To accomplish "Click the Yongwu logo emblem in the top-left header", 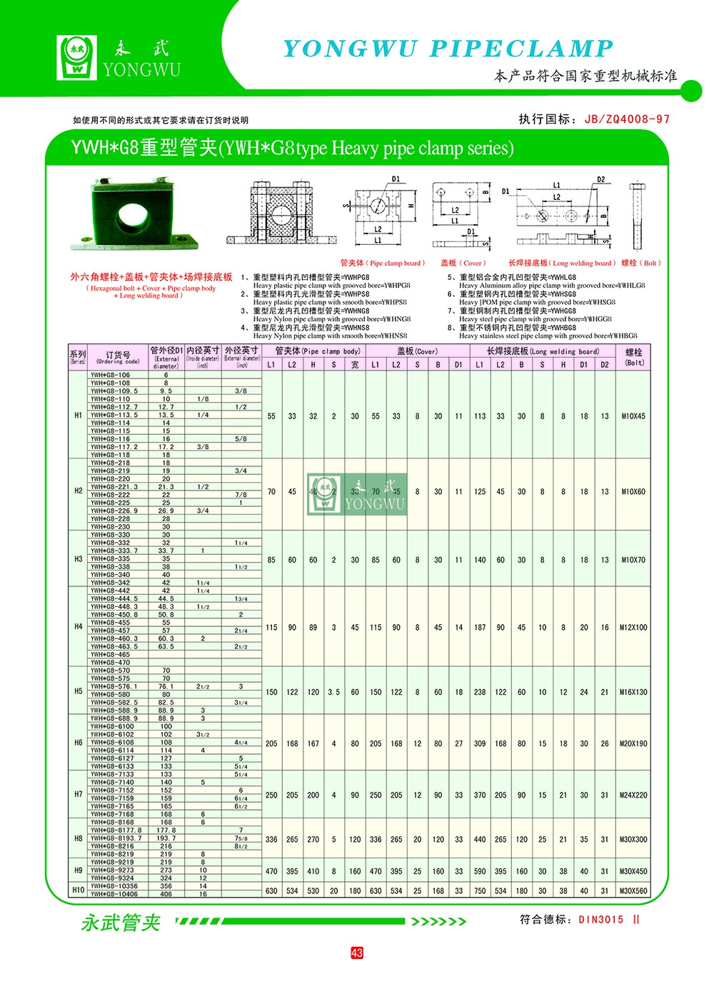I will [x=77, y=57].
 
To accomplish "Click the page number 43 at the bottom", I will [x=357, y=953].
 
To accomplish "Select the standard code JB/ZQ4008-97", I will [x=627, y=119].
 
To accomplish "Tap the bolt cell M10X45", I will [x=633, y=416].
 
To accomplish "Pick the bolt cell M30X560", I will [x=633, y=890].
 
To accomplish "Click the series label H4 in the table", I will [x=79, y=627].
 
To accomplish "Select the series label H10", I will [x=79, y=890].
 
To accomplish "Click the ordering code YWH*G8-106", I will [x=111, y=375].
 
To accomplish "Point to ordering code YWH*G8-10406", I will [x=114, y=894].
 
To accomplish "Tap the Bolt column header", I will [x=633, y=357].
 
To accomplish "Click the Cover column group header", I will [x=417, y=351].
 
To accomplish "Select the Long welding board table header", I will [x=543, y=351].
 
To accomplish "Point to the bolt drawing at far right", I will [x=637, y=214].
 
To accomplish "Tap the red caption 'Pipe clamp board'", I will [x=383, y=263].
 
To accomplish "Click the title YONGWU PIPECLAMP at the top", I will [x=448, y=49].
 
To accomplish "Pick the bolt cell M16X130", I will [x=633, y=692].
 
